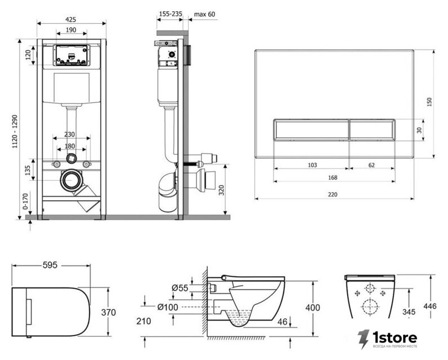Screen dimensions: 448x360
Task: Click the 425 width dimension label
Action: pos(71,20)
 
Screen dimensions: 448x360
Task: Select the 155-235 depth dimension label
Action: pos(171,13)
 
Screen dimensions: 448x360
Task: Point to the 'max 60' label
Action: pos(204,14)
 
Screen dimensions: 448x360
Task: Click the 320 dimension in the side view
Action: pos(221,190)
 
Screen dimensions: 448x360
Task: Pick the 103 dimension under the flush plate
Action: pos(312,165)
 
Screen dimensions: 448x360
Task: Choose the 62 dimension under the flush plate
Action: pos(371,165)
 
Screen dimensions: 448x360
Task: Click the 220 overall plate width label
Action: pos(333,195)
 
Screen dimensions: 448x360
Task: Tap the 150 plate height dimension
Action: pos(429,102)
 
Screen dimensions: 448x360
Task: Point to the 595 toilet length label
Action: pos(50,265)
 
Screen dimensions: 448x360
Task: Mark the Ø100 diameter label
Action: pos(168,307)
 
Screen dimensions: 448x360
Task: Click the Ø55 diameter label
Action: pos(180,288)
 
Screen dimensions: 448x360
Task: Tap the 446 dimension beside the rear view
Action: pos(430,306)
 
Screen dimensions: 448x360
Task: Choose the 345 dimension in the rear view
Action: pos(409,312)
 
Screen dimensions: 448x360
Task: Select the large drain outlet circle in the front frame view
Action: pos(70,181)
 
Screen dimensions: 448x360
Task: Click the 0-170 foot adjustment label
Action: pos(25,201)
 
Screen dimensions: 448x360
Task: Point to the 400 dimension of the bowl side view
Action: pos(313,308)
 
